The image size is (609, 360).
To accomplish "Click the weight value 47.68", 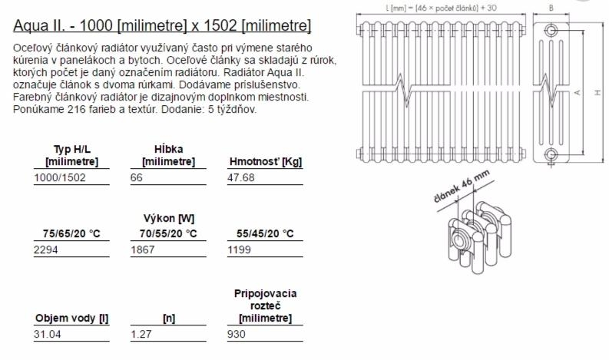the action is point(241,177).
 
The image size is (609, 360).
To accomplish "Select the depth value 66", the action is point(137,177).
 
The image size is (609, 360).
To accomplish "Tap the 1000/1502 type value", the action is point(60,177).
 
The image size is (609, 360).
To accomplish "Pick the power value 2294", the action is point(46,249).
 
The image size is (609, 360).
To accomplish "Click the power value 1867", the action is point(143,249).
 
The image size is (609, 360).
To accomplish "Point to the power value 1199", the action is point(240,249).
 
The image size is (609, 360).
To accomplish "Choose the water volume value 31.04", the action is point(48,334).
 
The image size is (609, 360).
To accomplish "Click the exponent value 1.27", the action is point(141,334).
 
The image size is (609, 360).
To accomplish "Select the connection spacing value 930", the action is point(237,334).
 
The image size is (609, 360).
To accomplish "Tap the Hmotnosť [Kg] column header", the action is point(265,161).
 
